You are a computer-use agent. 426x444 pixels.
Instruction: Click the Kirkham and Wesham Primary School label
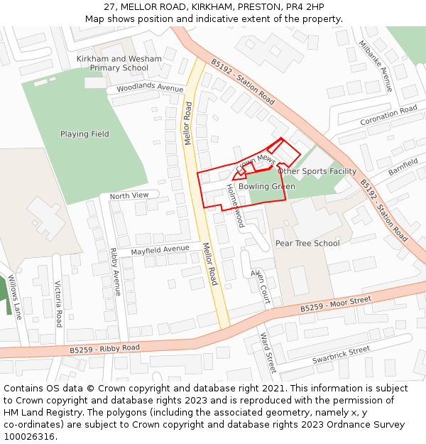pyautogui.click(x=119, y=63)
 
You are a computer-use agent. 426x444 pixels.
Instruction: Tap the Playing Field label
pyautogui.click(x=84, y=134)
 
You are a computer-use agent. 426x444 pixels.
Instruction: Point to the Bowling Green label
pyautogui.click(x=266, y=187)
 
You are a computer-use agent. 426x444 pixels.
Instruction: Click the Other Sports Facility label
pyautogui.click(x=317, y=171)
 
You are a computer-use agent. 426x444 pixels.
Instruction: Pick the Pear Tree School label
pyautogui.click(x=307, y=243)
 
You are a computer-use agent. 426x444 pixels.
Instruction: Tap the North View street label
pyautogui.click(x=129, y=195)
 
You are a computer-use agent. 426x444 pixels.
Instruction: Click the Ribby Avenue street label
pyautogui.click(x=116, y=271)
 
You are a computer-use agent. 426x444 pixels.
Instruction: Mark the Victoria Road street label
pyautogui.click(x=58, y=303)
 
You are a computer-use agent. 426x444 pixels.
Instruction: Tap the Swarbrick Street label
pyautogui.click(x=341, y=355)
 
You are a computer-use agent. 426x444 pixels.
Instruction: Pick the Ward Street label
pyautogui.click(x=267, y=352)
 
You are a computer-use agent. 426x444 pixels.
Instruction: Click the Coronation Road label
pyautogui.click(x=388, y=116)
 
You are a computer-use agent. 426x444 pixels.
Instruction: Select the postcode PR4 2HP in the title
pyautogui.click(x=305, y=7)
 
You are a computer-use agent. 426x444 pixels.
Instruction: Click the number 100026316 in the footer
pyautogui.click(x=30, y=436)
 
